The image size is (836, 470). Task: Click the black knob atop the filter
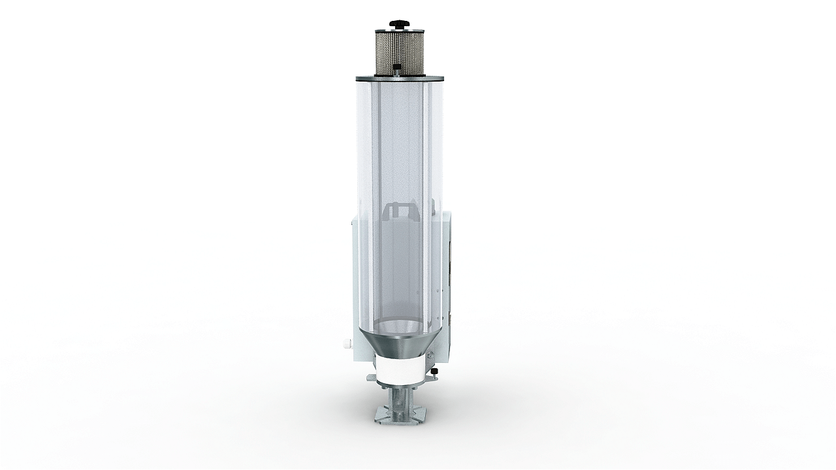pos(397,25)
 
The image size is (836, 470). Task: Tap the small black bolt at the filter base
pos(397,67)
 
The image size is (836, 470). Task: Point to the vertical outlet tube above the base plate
pos(399,399)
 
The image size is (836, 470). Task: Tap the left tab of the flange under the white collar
pos(371,378)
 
